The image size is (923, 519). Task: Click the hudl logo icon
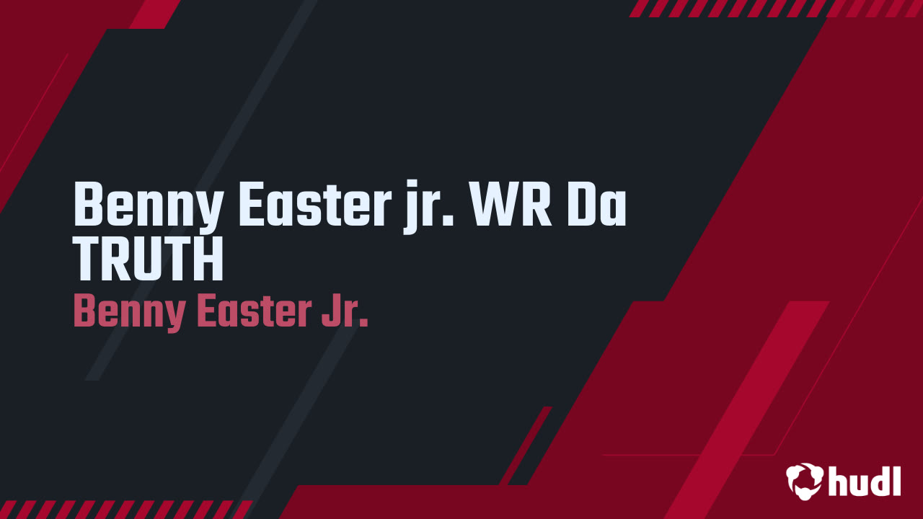(805, 480)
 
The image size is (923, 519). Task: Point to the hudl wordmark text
(865, 481)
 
